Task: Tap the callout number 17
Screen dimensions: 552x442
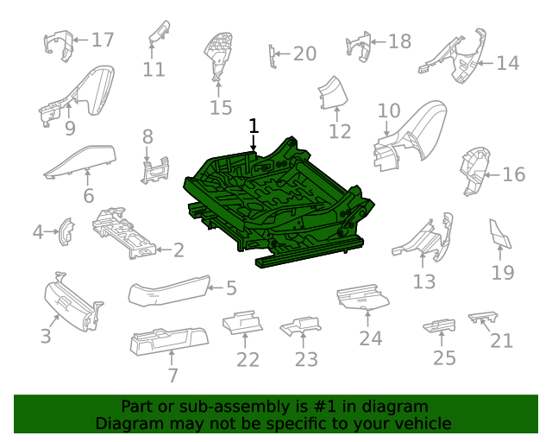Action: click(x=103, y=40)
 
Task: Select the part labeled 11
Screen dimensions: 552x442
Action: click(x=160, y=33)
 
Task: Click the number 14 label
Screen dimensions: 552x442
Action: click(x=508, y=63)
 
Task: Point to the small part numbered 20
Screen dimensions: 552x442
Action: click(x=273, y=56)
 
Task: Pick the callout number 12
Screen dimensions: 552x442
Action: click(x=340, y=131)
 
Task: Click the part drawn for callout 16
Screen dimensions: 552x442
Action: click(x=475, y=172)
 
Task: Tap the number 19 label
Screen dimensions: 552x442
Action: click(x=503, y=273)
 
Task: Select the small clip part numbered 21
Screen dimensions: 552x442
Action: click(x=483, y=317)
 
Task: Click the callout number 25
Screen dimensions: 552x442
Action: click(x=444, y=358)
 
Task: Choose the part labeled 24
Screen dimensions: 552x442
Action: click(x=363, y=297)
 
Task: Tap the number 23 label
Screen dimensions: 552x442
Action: click(x=306, y=359)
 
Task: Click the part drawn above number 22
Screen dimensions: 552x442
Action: click(x=242, y=322)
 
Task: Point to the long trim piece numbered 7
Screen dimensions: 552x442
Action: click(x=169, y=341)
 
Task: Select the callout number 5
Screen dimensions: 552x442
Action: click(x=231, y=288)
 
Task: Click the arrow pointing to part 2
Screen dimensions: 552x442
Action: click(x=164, y=249)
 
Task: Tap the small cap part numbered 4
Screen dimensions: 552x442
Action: click(x=66, y=231)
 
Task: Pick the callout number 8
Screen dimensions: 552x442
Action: click(x=147, y=136)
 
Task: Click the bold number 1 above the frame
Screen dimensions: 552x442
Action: click(x=254, y=126)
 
